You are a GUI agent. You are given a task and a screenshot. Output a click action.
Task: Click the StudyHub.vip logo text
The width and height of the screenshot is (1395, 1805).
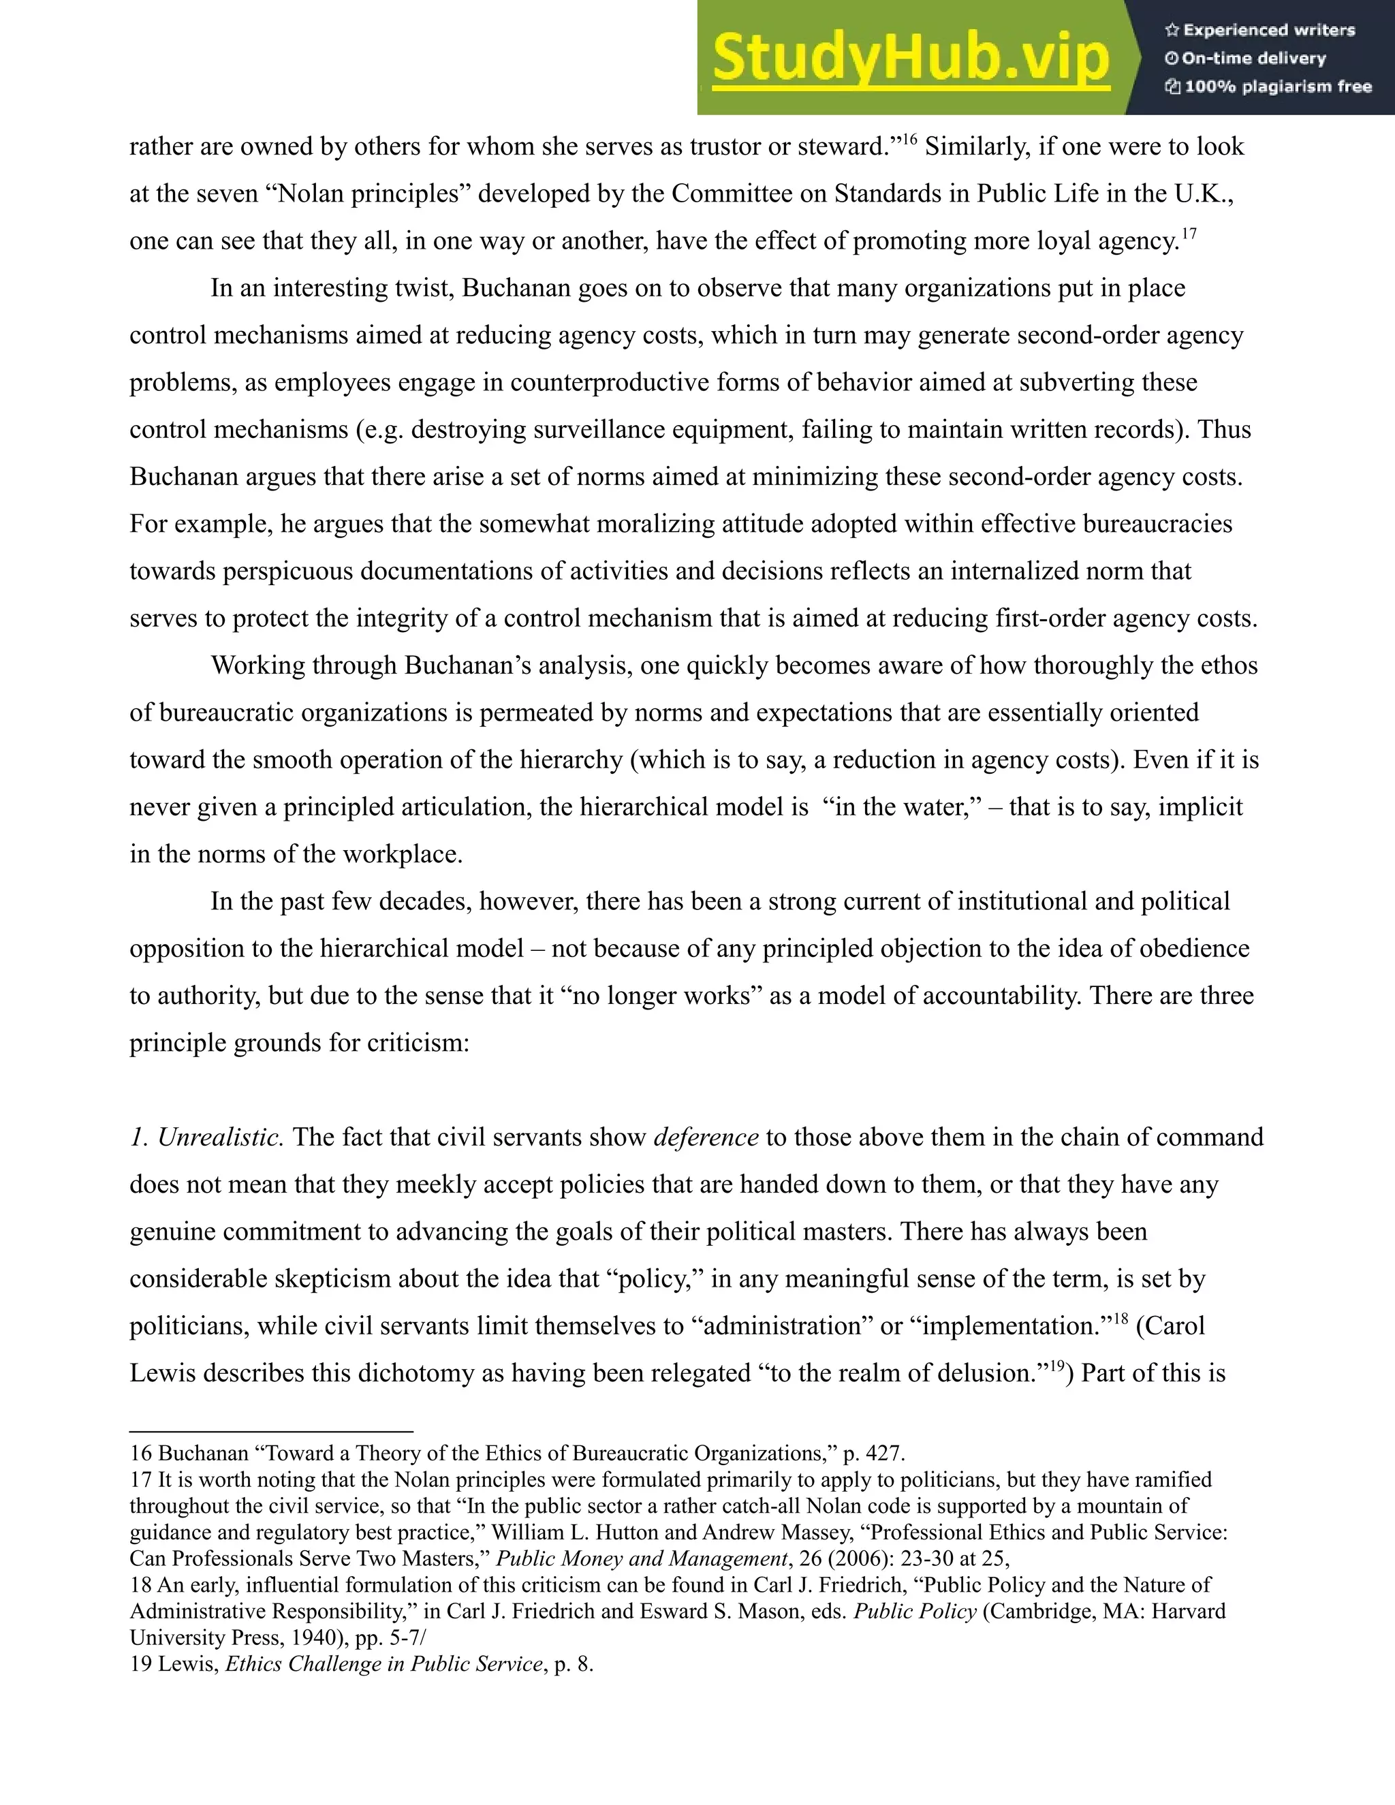(x=910, y=58)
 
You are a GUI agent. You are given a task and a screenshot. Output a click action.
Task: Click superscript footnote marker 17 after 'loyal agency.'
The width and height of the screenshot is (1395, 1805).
(x=1189, y=234)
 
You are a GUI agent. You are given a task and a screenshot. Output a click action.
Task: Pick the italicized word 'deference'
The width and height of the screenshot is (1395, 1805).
(x=706, y=1137)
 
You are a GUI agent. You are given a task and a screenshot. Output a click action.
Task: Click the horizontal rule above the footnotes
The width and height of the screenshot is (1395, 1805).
(x=271, y=1430)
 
